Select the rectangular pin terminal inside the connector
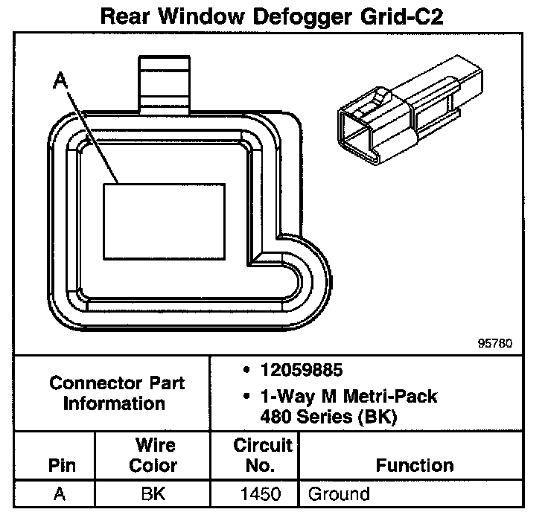pos(164,221)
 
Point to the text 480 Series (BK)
pos(328,417)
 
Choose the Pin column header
pos(62,466)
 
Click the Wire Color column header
pos(153,455)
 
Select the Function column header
pos(415,466)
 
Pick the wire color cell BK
pos(153,493)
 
